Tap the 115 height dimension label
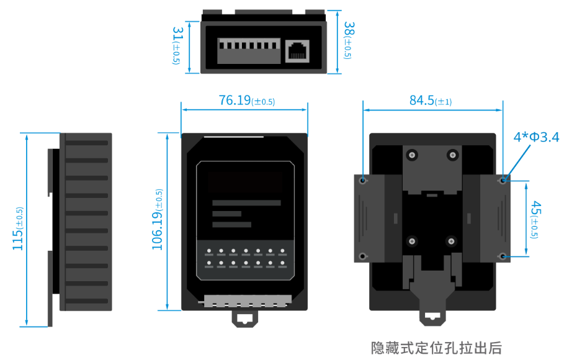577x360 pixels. pos(19,230)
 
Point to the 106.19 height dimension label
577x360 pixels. pos(158,220)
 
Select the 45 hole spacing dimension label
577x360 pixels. pos(535,218)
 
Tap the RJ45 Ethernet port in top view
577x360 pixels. pos(298,50)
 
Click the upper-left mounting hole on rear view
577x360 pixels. pos(363,181)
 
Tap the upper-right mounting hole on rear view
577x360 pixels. pos(503,181)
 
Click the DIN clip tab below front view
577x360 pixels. pos(245,317)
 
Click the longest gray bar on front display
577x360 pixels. pos(246,203)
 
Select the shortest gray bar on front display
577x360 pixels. pos(226,214)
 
